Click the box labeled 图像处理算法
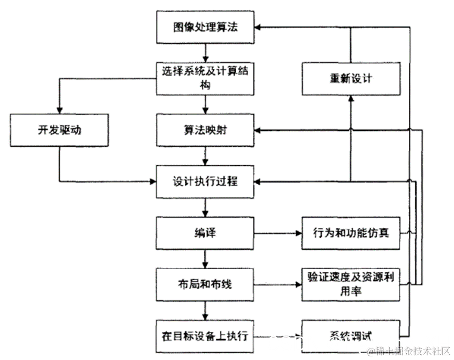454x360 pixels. click(205, 27)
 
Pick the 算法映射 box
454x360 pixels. click(205, 130)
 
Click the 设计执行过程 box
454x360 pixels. click(205, 182)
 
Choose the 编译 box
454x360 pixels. click(205, 232)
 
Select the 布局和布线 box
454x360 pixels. click(205, 284)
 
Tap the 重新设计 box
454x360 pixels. click(351, 79)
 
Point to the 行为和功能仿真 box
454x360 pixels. click(351, 232)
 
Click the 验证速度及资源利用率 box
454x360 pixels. click(351, 284)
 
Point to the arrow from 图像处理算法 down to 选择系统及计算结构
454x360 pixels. click(205, 52)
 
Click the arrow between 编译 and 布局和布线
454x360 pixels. click(205, 258)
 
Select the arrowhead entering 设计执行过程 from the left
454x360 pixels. click(152, 182)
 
